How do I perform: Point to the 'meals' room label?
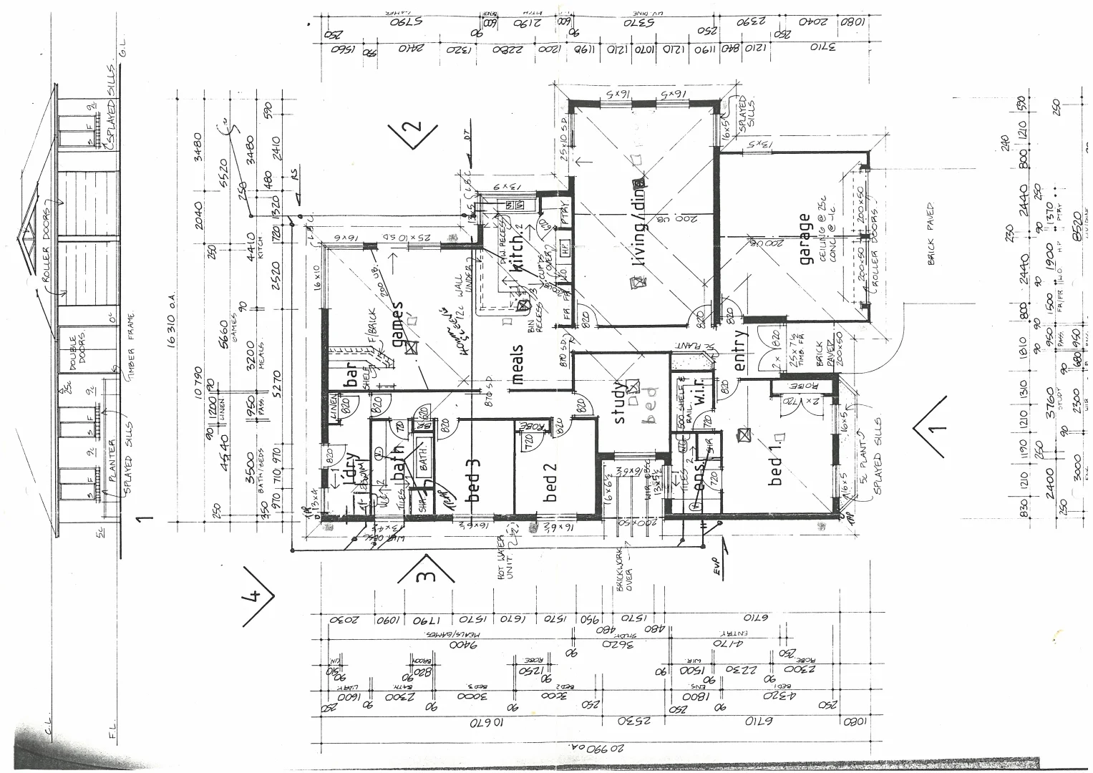click(518, 364)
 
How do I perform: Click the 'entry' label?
click(740, 350)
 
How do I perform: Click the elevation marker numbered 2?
click(410, 132)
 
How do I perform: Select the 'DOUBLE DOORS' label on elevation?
click(77, 351)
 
